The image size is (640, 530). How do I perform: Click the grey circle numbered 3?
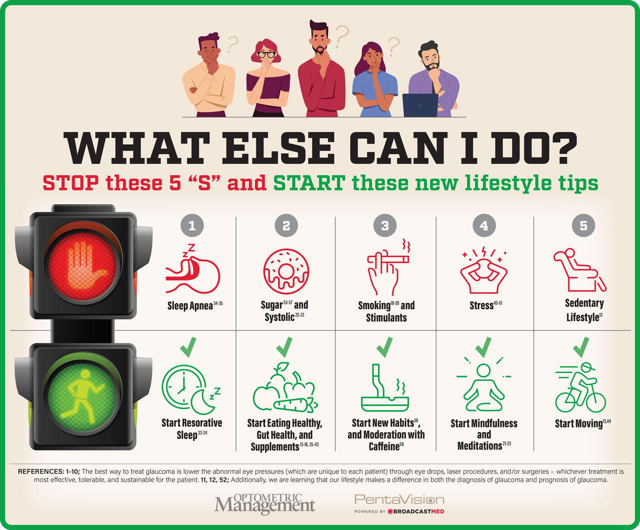pos(385,226)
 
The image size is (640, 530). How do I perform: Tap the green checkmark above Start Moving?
pos(581,347)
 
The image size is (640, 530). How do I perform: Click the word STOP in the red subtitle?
pos(71,183)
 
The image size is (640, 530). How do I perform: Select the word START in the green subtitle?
pos(309,183)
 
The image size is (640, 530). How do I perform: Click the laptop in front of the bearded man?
pos(420,105)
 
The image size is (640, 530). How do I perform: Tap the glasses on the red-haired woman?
pos(266,55)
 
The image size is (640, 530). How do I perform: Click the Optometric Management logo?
pos(264,504)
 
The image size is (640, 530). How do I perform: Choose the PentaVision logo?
pos(399,503)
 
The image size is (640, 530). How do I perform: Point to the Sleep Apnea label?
pos(195,305)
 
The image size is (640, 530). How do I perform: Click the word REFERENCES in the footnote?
pos(41,471)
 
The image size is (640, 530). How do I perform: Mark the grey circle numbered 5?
pos(583,226)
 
